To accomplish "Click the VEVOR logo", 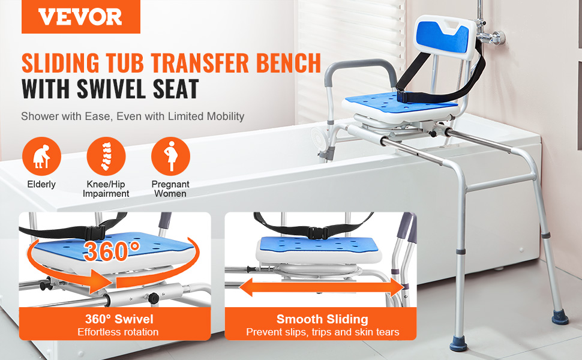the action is click(x=80, y=17).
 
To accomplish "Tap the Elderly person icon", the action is click(x=41, y=156).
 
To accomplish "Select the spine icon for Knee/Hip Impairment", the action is click(x=106, y=156).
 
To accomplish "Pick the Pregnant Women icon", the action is click(x=170, y=156).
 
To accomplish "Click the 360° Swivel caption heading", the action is click(x=119, y=319).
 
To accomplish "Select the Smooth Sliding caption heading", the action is click(x=322, y=319).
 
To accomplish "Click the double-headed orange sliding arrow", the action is click(x=322, y=287).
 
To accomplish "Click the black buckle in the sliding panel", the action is click(x=318, y=233).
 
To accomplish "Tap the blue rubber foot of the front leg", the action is click(x=458, y=344).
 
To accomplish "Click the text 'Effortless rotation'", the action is click(x=118, y=332).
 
